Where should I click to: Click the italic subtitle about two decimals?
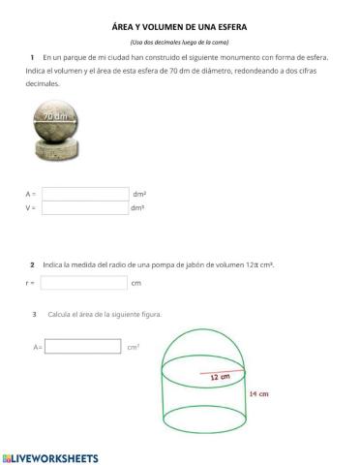(x=180, y=43)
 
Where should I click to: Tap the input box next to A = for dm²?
(x=85, y=194)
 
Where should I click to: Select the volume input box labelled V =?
(x=85, y=207)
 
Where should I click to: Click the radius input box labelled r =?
(x=84, y=283)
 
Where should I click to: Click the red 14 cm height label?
(x=257, y=394)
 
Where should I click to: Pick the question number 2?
(x=32, y=264)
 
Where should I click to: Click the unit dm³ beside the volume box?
(x=137, y=207)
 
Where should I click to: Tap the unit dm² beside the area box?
(x=139, y=194)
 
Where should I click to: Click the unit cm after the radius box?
(x=136, y=283)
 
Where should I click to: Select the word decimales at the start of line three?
(x=43, y=84)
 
